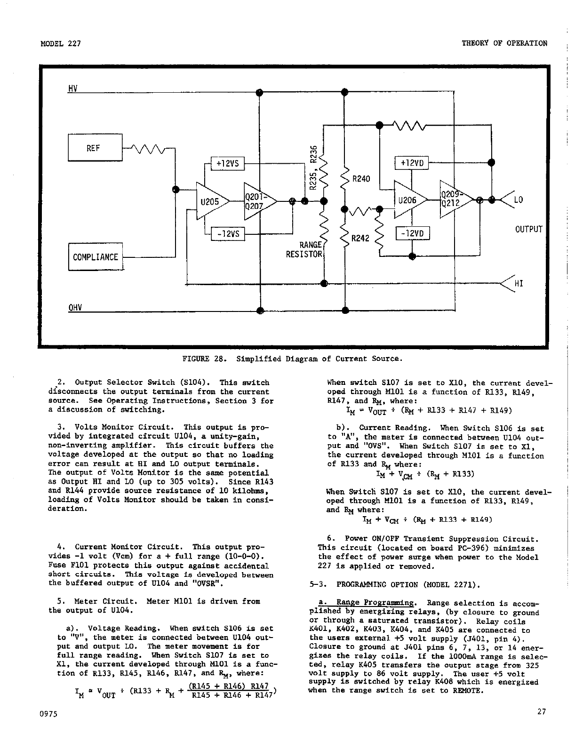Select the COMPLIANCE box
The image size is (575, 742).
(96, 257)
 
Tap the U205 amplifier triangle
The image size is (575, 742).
(210, 201)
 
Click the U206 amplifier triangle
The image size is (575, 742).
(408, 199)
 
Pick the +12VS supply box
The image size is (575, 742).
(228, 163)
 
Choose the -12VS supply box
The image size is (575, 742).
(228, 233)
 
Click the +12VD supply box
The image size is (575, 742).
(412, 163)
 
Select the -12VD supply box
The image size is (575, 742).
(412, 233)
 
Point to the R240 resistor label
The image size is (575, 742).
(361, 179)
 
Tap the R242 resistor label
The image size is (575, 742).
(360, 238)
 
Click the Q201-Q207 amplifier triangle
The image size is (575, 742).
(258, 201)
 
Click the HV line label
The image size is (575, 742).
(73, 88)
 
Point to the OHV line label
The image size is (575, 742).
(75, 308)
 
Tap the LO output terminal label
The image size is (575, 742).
(518, 200)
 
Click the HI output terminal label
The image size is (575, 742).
(519, 284)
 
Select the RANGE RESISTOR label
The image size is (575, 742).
(304, 250)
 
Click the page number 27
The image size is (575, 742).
(541, 711)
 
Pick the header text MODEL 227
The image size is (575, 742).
(61, 43)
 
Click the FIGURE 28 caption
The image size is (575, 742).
(292, 359)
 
